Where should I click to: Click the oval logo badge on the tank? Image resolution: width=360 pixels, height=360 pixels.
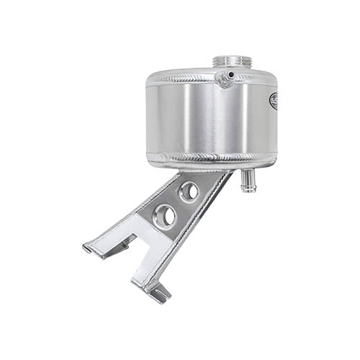(274, 102)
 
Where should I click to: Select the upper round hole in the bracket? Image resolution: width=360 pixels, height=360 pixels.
(189, 191)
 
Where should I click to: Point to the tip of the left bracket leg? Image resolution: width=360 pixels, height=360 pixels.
(87, 248)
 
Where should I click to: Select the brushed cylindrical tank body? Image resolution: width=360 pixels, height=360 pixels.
(209, 115)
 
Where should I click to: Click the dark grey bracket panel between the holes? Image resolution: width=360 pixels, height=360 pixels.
(176, 204)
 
